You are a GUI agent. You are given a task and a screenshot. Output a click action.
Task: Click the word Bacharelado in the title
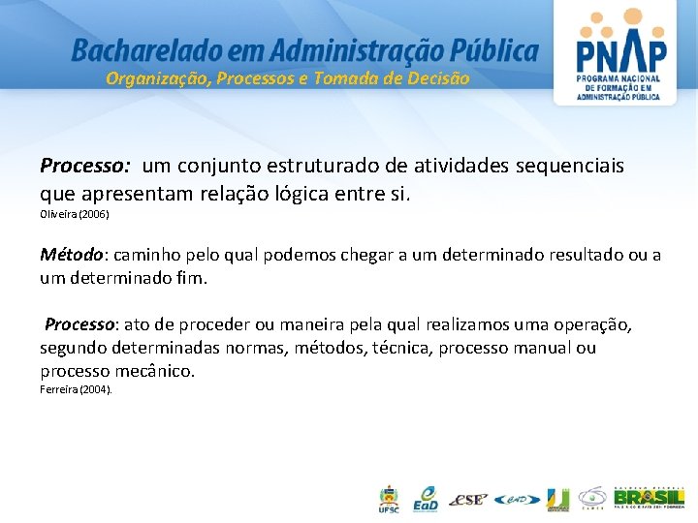[x=137, y=49]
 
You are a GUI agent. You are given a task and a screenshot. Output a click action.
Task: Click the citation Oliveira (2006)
[x=75, y=214]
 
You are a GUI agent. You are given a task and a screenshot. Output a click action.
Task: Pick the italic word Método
[x=71, y=256]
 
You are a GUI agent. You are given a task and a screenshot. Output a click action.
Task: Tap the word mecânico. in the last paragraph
[x=152, y=371]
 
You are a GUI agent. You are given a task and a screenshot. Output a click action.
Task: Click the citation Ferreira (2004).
[x=77, y=389]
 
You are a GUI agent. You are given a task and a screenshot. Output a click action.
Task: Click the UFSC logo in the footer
[x=388, y=500]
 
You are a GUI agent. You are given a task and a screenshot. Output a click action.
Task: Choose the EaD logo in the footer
[x=425, y=499]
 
